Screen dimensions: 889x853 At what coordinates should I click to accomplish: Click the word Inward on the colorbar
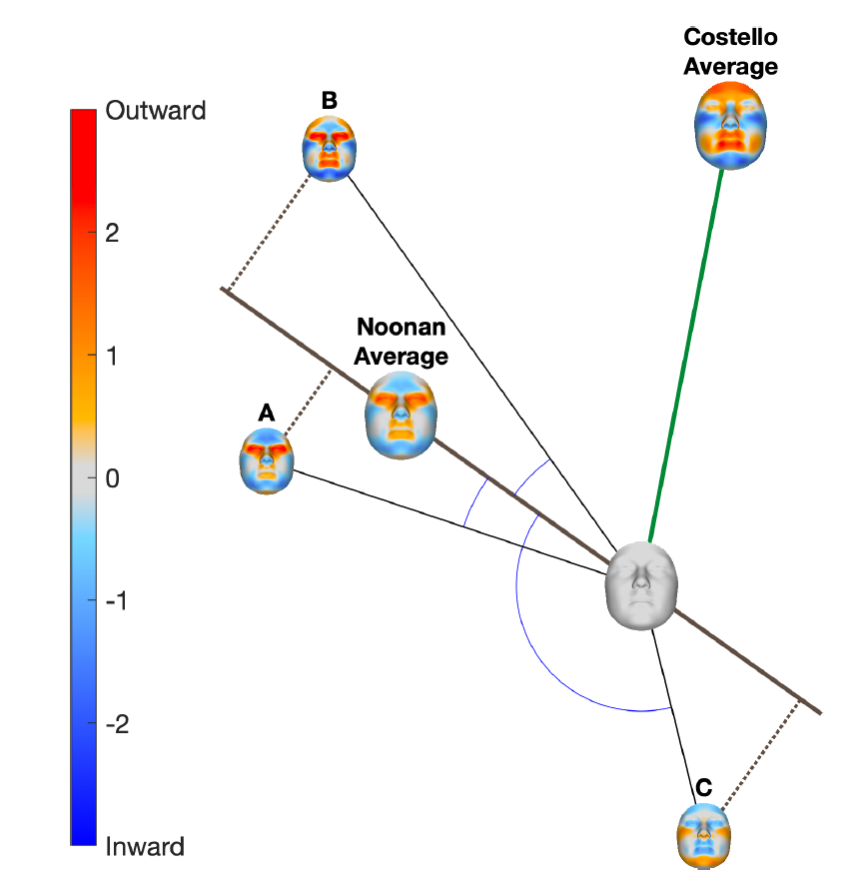coord(145,847)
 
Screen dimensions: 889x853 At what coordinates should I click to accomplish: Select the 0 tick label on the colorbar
coord(113,478)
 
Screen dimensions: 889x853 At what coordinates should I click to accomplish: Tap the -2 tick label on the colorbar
coord(118,723)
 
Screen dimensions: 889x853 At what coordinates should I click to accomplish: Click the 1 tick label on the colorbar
coord(113,356)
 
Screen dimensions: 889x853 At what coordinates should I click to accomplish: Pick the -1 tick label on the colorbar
coord(118,601)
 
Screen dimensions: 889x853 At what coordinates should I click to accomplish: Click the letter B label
coord(330,100)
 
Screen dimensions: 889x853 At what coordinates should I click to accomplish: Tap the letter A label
coord(266,413)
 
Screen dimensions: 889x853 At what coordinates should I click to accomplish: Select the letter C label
coord(703,787)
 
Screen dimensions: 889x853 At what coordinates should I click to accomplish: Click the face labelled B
coord(330,148)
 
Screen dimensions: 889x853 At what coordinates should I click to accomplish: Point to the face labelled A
coord(267,460)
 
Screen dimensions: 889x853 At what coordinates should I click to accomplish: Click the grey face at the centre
coord(643,585)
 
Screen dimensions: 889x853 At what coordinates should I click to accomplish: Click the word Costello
coord(730,39)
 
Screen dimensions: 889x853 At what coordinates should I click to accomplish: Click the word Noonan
coord(403,328)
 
